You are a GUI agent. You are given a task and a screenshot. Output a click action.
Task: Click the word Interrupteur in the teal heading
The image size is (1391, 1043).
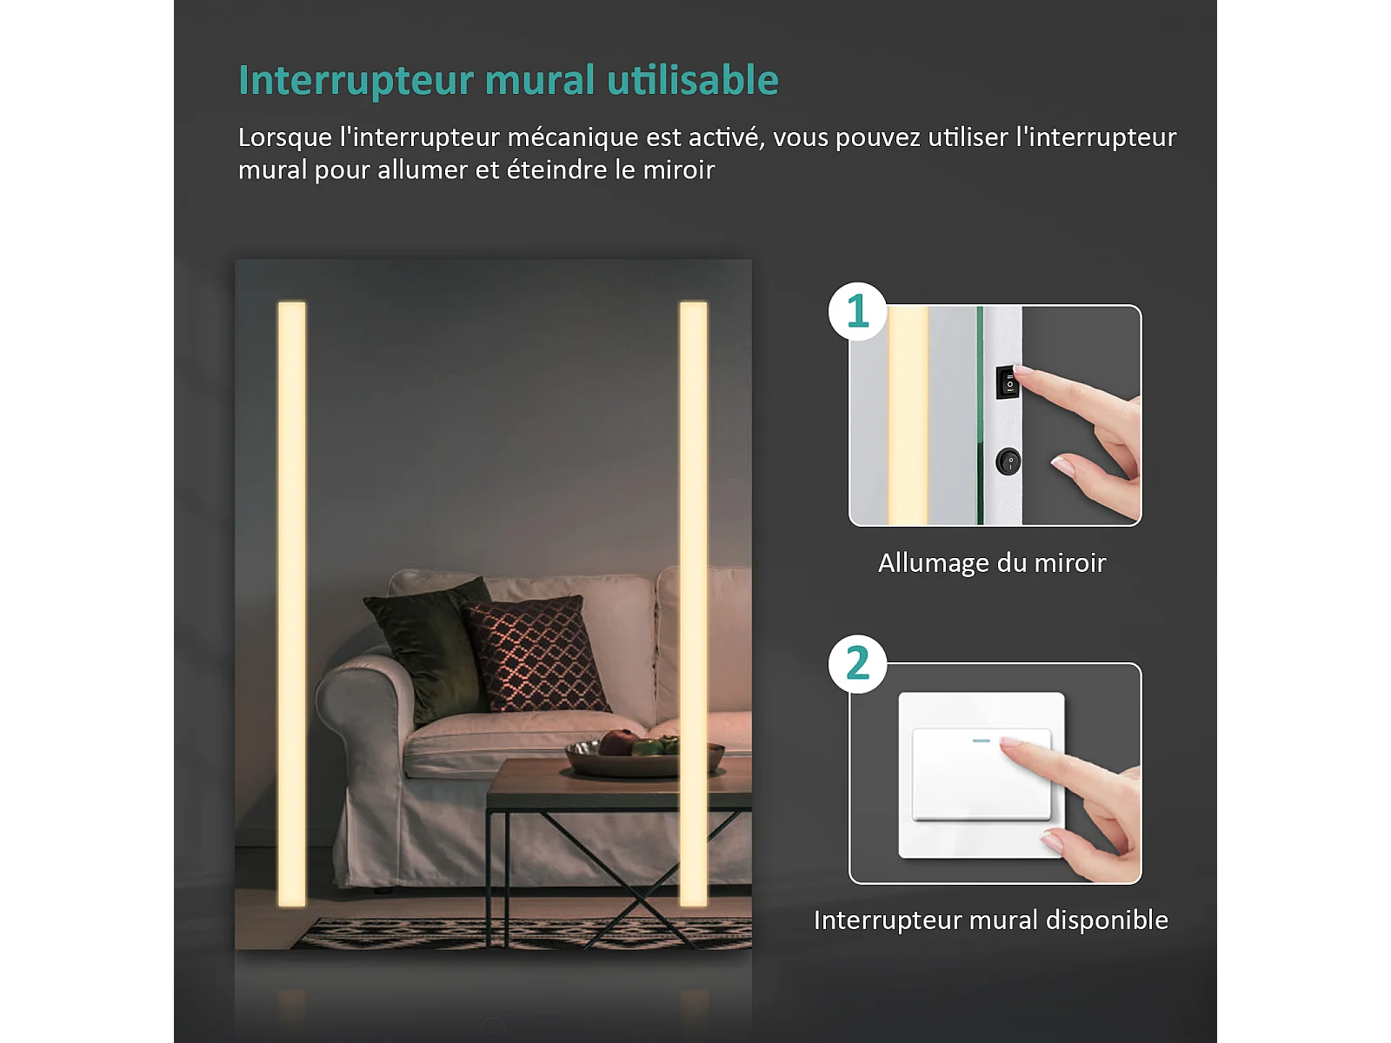356,81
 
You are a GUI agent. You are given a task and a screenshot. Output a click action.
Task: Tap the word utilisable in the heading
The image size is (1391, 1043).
693,80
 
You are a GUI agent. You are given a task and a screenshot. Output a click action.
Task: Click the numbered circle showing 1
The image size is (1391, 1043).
857,311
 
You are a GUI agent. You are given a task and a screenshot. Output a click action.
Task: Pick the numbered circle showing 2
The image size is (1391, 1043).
857,664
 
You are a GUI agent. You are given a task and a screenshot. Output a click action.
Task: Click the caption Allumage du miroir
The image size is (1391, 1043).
992,563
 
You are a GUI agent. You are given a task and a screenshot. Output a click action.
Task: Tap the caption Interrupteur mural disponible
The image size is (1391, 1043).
991,920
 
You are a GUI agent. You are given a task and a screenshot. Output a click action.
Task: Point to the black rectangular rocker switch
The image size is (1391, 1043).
1007,382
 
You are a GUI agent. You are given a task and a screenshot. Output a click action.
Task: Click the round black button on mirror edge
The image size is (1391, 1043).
1008,462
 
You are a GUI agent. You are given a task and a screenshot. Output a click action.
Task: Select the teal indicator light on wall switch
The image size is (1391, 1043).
981,741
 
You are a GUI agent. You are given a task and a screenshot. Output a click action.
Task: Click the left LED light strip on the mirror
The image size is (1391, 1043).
291,604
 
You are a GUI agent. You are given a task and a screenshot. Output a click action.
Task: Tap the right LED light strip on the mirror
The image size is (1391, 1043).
693,604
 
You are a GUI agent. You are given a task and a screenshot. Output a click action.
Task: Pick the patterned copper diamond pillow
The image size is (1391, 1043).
536,654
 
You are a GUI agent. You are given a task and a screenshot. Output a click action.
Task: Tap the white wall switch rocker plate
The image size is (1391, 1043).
982,774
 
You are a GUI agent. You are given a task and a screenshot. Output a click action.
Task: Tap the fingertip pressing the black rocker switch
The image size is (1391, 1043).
1021,370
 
